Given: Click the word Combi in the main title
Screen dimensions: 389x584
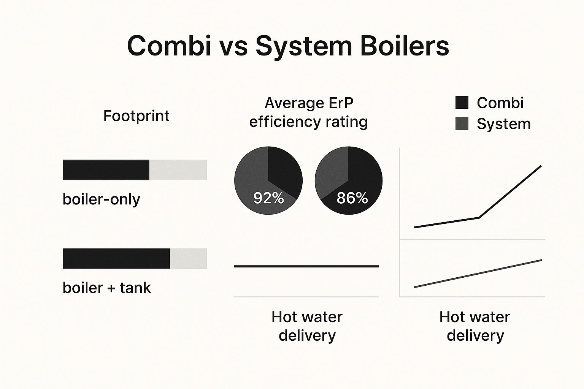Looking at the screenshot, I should pyautogui.click(x=169, y=46).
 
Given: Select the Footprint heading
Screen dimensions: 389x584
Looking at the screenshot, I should pyautogui.click(x=136, y=116).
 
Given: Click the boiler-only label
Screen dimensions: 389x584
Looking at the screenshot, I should pyautogui.click(x=101, y=199).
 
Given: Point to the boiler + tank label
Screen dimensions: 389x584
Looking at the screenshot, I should pyautogui.click(x=106, y=288).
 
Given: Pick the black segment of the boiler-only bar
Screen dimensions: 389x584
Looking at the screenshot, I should pyautogui.click(x=106, y=170).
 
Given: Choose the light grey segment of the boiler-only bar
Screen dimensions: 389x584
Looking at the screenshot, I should pyautogui.click(x=178, y=170).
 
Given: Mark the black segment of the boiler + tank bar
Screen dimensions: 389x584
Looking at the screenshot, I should pyautogui.click(x=116, y=258).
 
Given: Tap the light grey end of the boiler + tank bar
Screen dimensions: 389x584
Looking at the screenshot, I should pyautogui.click(x=188, y=258).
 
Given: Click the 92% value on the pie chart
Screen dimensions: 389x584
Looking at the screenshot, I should pyautogui.click(x=268, y=198).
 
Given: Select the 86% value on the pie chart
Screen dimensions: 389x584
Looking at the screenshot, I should pyautogui.click(x=352, y=198).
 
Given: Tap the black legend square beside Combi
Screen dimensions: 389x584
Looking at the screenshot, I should pyautogui.click(x=462, y=103).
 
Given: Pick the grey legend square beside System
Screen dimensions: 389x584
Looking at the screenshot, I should pyautogui.click(x=462, y=124).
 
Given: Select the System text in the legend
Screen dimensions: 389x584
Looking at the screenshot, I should pyautogui.click(x=503, y=124).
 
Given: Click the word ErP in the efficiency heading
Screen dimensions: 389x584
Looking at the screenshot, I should pyautogui.click(x=341, y=103).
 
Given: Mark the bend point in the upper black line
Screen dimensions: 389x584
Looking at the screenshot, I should pyautogui.click(x=479, y=218).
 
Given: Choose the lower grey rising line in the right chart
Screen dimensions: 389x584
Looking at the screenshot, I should pyautogui.click(x=478, y=274).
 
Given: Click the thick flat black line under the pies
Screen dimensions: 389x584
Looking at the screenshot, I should pyautogui.click(x=306, y=266).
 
